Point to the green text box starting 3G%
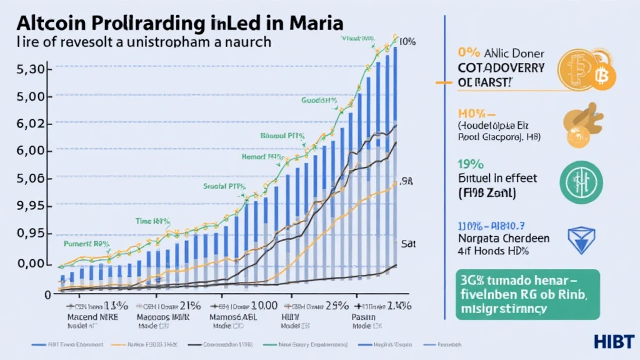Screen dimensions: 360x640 coord(527,294)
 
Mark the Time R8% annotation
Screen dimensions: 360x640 coord(153,221)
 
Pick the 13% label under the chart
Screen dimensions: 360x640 coord(119,306)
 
